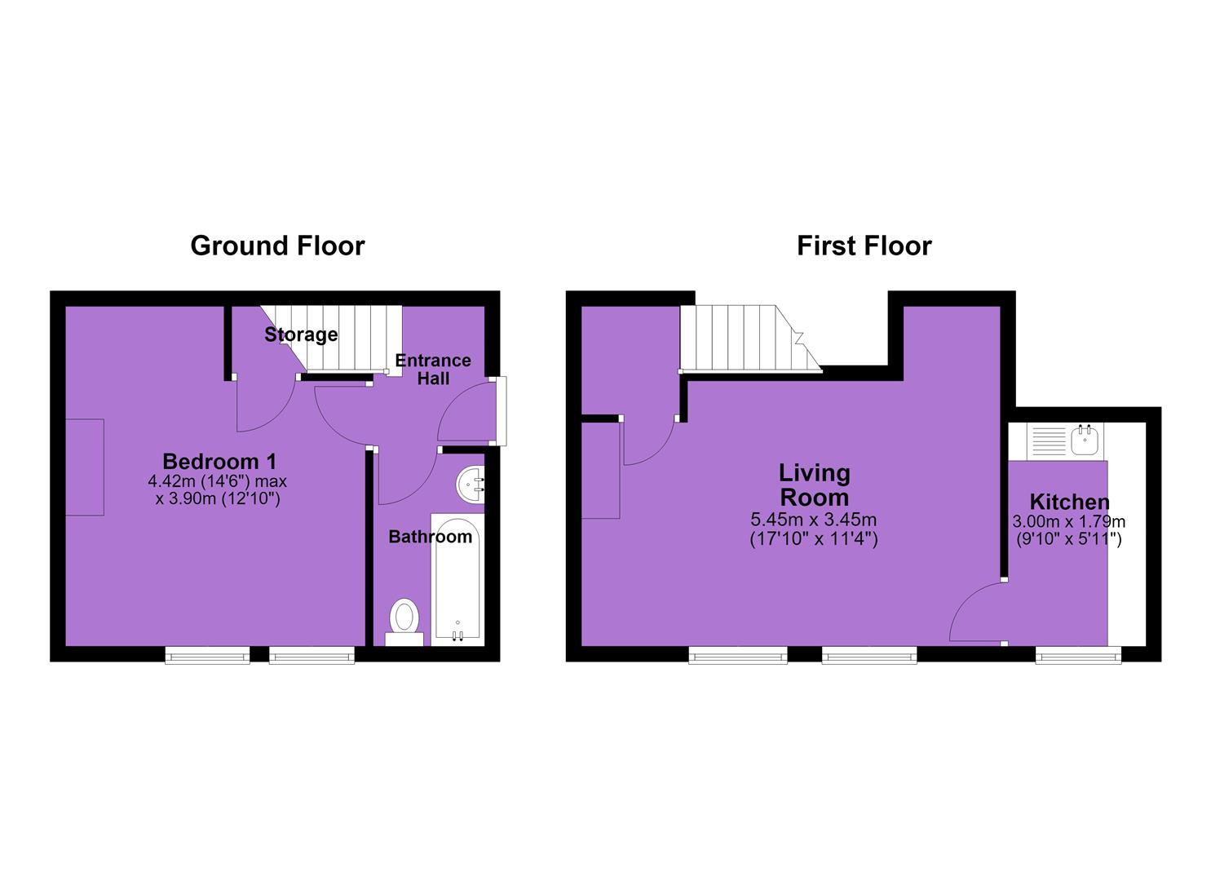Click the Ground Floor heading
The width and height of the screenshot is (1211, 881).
[277, 246]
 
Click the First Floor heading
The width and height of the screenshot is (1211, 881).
[864, 246]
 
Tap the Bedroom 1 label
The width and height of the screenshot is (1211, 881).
[219, 462]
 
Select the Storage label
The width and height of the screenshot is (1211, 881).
[301, 334]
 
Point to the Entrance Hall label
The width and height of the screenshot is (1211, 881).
[433, 370]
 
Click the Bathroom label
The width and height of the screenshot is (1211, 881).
[431, 537]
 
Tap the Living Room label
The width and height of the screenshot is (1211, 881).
[814, 485]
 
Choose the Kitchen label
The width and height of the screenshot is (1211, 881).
[1069, 502]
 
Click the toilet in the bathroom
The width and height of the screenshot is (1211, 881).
[404, 622]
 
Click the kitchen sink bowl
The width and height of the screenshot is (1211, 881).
[1085, 440]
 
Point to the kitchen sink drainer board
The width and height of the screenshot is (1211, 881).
[1050, 441]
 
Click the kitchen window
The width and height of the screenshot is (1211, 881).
[1079, 656]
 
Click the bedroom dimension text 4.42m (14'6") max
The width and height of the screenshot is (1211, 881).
[218, 480]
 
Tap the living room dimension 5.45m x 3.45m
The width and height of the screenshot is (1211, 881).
[814, 520]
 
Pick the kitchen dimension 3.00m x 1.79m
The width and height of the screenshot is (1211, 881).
[1069, 522]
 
